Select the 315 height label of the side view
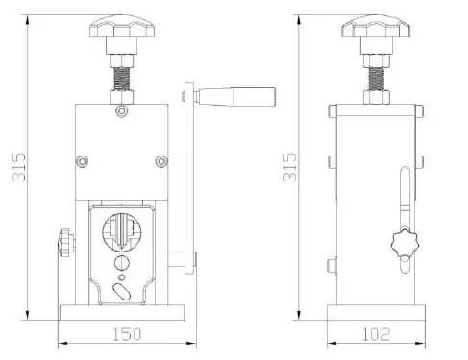(291, 169)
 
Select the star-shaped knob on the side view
(406, 246)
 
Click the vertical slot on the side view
(404, 197)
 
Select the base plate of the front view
(121, 312)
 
